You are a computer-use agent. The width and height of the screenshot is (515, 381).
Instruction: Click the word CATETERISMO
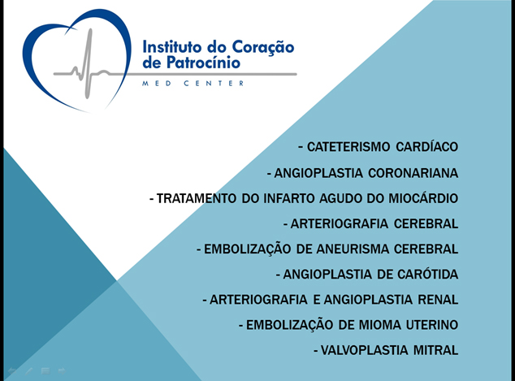[x=348, y=147]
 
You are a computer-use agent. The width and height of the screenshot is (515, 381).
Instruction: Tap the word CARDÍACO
[x=427, y=146]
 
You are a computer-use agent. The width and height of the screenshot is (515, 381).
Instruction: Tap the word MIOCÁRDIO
[x=423, y=197]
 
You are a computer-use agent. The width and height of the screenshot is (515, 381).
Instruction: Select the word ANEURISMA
[x=353, y=249]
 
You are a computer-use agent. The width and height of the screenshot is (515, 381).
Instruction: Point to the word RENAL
[x=438, y=300]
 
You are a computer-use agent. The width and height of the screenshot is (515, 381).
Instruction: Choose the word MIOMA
[x=379, y=325]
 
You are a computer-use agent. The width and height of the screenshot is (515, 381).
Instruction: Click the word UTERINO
[x=432, y=325]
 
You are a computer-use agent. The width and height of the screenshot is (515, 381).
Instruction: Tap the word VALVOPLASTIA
[x=364, y=350]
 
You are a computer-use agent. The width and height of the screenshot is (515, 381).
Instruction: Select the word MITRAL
[x=435, y=350]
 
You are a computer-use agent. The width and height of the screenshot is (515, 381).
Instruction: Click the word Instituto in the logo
[x=171, y=47]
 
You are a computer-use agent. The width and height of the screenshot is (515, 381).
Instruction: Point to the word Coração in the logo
[x=262, y=48]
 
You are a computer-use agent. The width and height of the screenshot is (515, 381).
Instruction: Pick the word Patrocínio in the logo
[x=204, y=62]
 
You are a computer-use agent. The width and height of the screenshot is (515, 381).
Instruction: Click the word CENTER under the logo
[x=214, y=84]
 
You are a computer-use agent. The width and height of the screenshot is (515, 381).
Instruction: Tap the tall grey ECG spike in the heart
[x=88, y=63]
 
